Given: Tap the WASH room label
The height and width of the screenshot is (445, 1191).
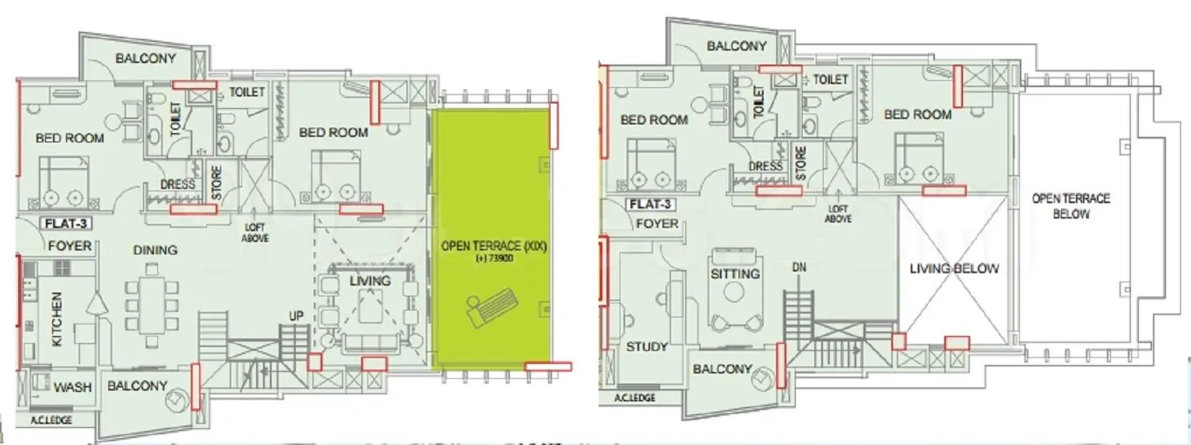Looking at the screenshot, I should [x=73, y=387].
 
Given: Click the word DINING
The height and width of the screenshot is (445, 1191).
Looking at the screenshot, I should [x=155, y=251].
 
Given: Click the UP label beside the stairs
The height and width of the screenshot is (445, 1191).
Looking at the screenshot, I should [x=296, y=317].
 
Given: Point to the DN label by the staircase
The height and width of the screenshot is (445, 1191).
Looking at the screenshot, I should [x=798, y=268].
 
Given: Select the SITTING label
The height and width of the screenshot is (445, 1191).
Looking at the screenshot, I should [x=735, y=274].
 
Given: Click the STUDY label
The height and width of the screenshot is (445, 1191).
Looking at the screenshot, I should [x=647, y=347].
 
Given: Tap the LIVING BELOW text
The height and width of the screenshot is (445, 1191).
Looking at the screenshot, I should [x=954, y=268].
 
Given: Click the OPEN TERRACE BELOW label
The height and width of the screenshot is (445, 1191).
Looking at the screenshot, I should [x=1071, y=206].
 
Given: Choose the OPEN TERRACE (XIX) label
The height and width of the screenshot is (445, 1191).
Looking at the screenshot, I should [x=495, y=247].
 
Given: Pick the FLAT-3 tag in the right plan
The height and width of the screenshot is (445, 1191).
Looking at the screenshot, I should [x=650, y=205].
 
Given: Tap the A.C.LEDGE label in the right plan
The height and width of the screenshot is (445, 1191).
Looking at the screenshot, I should [x=634, y=398].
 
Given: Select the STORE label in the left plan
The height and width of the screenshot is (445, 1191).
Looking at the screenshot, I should [x=216, y=184].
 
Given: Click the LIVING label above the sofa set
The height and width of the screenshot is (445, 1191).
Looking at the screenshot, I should [x=370, y=280].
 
